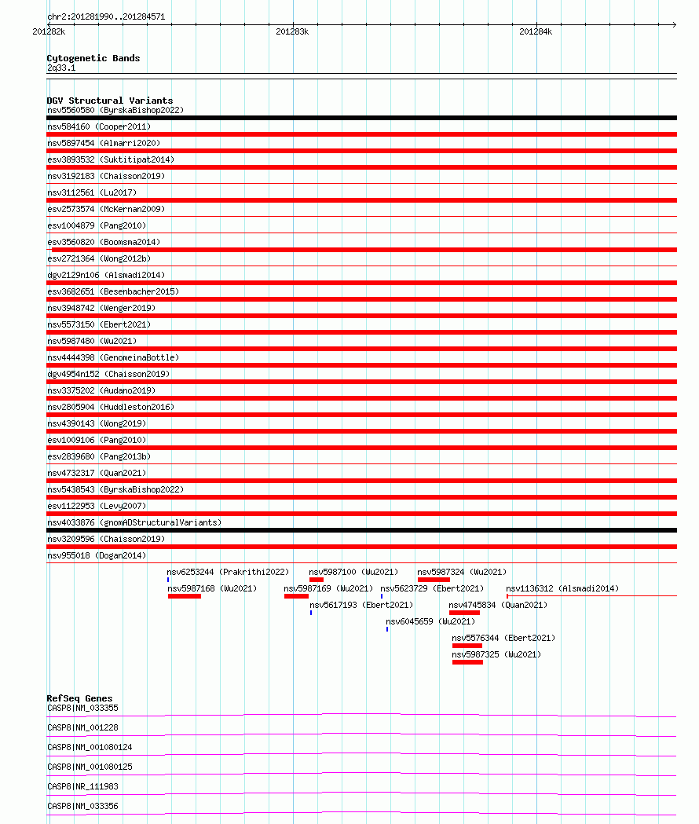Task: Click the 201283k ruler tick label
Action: coord(292,31)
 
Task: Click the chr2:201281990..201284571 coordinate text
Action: coord(106,16)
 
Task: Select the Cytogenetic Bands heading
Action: coord(93,58)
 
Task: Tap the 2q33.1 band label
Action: coord(61,68)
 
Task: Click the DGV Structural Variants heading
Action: coord(109,101)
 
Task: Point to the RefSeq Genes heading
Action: coord(79,698)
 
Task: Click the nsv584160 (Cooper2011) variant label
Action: coord(99,126)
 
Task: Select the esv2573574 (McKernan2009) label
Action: coord(104,209)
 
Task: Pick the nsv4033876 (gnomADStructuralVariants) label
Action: coord(134,522)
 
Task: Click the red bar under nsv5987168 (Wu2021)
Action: coord(185,596)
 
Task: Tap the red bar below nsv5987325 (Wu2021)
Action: coord(467,662)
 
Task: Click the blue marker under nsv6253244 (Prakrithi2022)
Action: coord(168,580)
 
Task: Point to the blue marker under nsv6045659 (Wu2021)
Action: coord(387,629)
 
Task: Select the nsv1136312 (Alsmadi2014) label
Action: coord(562,588)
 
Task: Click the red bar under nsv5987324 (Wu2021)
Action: coord(434,580)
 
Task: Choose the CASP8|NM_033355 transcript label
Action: coord(82,708)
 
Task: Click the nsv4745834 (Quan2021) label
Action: coord(498,605)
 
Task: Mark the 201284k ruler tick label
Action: coord(536,31)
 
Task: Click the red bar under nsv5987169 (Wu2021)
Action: coord(296,596)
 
